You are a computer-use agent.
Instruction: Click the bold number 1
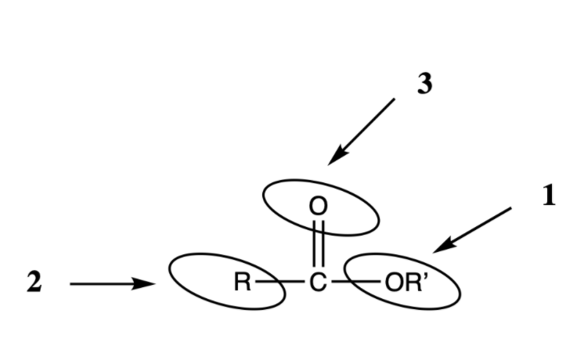coord(548,196)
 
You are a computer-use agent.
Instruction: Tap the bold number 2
coord(34,283)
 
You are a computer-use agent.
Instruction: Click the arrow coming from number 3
coord(362,131)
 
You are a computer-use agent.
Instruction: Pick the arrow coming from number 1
coord(474,229)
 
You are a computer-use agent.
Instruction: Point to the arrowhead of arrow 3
coord(333,160)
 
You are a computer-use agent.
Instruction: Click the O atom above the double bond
coord(317,207)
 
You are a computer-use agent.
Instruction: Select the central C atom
coord(317,283)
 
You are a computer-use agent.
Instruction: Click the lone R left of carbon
coord(242,283)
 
